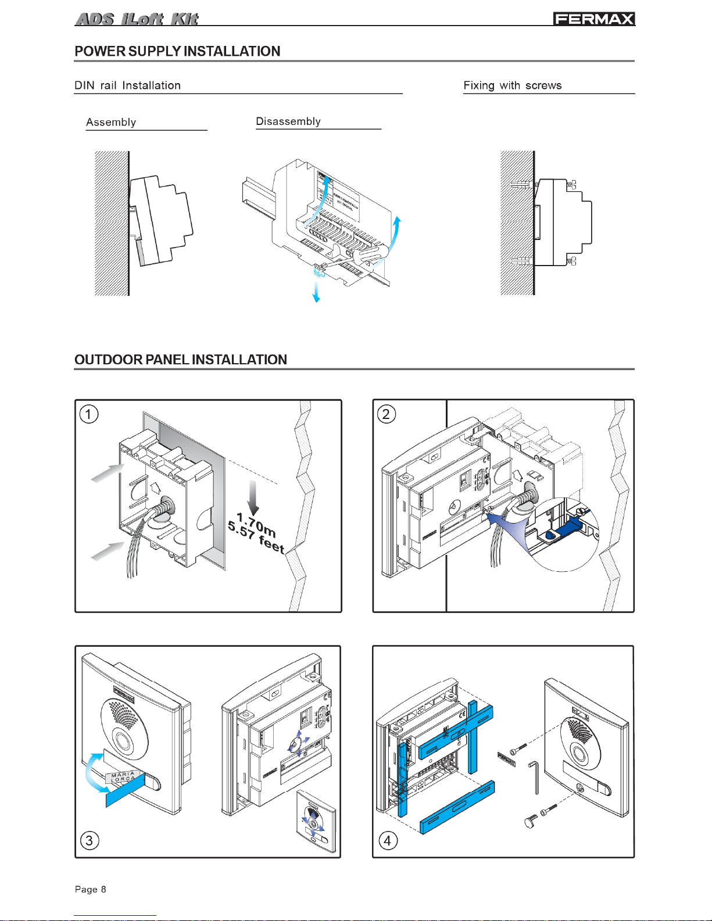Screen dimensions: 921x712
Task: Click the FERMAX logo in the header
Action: [x=593, y=19]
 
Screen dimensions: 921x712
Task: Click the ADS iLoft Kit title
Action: [x=137, y=19]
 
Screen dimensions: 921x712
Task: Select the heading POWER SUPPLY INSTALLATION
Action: [x=177, y=51]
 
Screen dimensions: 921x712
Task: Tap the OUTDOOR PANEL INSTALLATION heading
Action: [x=181, y=360]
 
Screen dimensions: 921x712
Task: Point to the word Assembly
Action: [x=111, y=122]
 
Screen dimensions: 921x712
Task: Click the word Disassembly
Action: [x=288, y=121]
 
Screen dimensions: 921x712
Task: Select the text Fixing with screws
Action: [x=512, y=85]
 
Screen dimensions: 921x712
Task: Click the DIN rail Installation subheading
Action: [x=127, y=85]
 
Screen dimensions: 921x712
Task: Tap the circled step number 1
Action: [x=89, y=414]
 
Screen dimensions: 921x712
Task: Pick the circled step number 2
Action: [x=387, y=414]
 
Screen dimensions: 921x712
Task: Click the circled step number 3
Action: [x=89, y=840]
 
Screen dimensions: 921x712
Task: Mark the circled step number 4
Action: [x=388, y=840]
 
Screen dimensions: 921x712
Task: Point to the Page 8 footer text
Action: [x=91, y=889]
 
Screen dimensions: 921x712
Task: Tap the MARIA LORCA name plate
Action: [x=123, y=777]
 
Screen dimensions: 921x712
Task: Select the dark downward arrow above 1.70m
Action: [x=253, y=497]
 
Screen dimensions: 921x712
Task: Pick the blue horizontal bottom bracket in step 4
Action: [x=457, y=807]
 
